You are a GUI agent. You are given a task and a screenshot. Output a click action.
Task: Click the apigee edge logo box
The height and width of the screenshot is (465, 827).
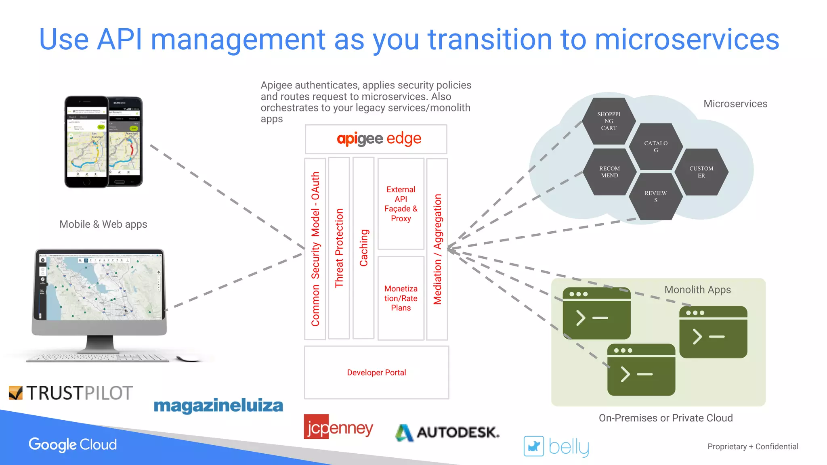(376, 139)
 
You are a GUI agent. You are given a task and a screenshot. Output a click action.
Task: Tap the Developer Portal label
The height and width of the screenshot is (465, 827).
(376, 373)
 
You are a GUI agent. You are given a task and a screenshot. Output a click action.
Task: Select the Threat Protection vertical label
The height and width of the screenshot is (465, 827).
(339, 248)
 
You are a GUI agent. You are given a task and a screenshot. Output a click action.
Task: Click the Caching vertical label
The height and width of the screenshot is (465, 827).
(363, 248)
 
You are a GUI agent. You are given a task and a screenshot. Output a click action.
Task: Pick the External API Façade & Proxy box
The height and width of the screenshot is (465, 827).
(401, 204)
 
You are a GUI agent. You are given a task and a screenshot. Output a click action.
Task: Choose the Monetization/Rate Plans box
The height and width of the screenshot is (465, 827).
(401, 298)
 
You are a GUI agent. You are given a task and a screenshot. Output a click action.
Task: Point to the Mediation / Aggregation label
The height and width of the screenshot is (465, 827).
(437, 249)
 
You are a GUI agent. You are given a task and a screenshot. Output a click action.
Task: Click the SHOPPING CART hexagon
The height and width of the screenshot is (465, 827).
(609, 121)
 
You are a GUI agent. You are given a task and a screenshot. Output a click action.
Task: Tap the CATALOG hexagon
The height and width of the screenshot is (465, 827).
(655, 147)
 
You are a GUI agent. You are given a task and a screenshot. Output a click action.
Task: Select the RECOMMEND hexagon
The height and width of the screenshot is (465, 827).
(609, 172)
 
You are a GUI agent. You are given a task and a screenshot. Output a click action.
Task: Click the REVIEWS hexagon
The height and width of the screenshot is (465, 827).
(655, 196)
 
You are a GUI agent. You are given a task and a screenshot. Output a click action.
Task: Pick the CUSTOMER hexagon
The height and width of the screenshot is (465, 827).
(701, 172)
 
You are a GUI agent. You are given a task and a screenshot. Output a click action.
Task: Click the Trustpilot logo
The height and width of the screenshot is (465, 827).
(71, 393)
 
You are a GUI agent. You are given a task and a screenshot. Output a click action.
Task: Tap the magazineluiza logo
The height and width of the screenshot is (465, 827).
(218, 406)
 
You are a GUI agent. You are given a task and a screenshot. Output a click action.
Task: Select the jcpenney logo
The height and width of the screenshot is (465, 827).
(338, 427)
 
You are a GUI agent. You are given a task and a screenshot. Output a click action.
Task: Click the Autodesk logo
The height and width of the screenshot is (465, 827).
(447, 432)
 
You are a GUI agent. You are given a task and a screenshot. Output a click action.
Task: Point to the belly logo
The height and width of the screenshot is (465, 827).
(556, 446)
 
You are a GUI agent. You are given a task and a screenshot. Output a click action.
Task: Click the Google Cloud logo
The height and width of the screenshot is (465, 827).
(73, 444)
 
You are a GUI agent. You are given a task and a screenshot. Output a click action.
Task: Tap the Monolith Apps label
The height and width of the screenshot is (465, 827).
(697, 290)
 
